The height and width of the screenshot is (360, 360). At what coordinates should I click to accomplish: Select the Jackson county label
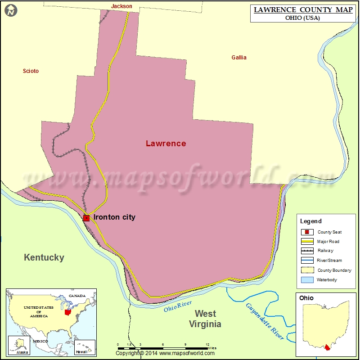[121, 6]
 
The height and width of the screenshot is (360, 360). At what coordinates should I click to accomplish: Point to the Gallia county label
[239, 58]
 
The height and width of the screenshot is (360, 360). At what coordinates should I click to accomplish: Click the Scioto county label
[31, 71]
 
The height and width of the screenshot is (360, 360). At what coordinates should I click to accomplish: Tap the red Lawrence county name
[166, 144]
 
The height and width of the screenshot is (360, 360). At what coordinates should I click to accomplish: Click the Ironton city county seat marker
[86, 218]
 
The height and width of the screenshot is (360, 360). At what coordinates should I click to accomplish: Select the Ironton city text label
[114, 217]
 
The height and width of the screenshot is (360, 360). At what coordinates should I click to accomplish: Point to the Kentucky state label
[44, 257]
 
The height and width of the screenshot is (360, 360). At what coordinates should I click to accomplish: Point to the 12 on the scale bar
[207, 345]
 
